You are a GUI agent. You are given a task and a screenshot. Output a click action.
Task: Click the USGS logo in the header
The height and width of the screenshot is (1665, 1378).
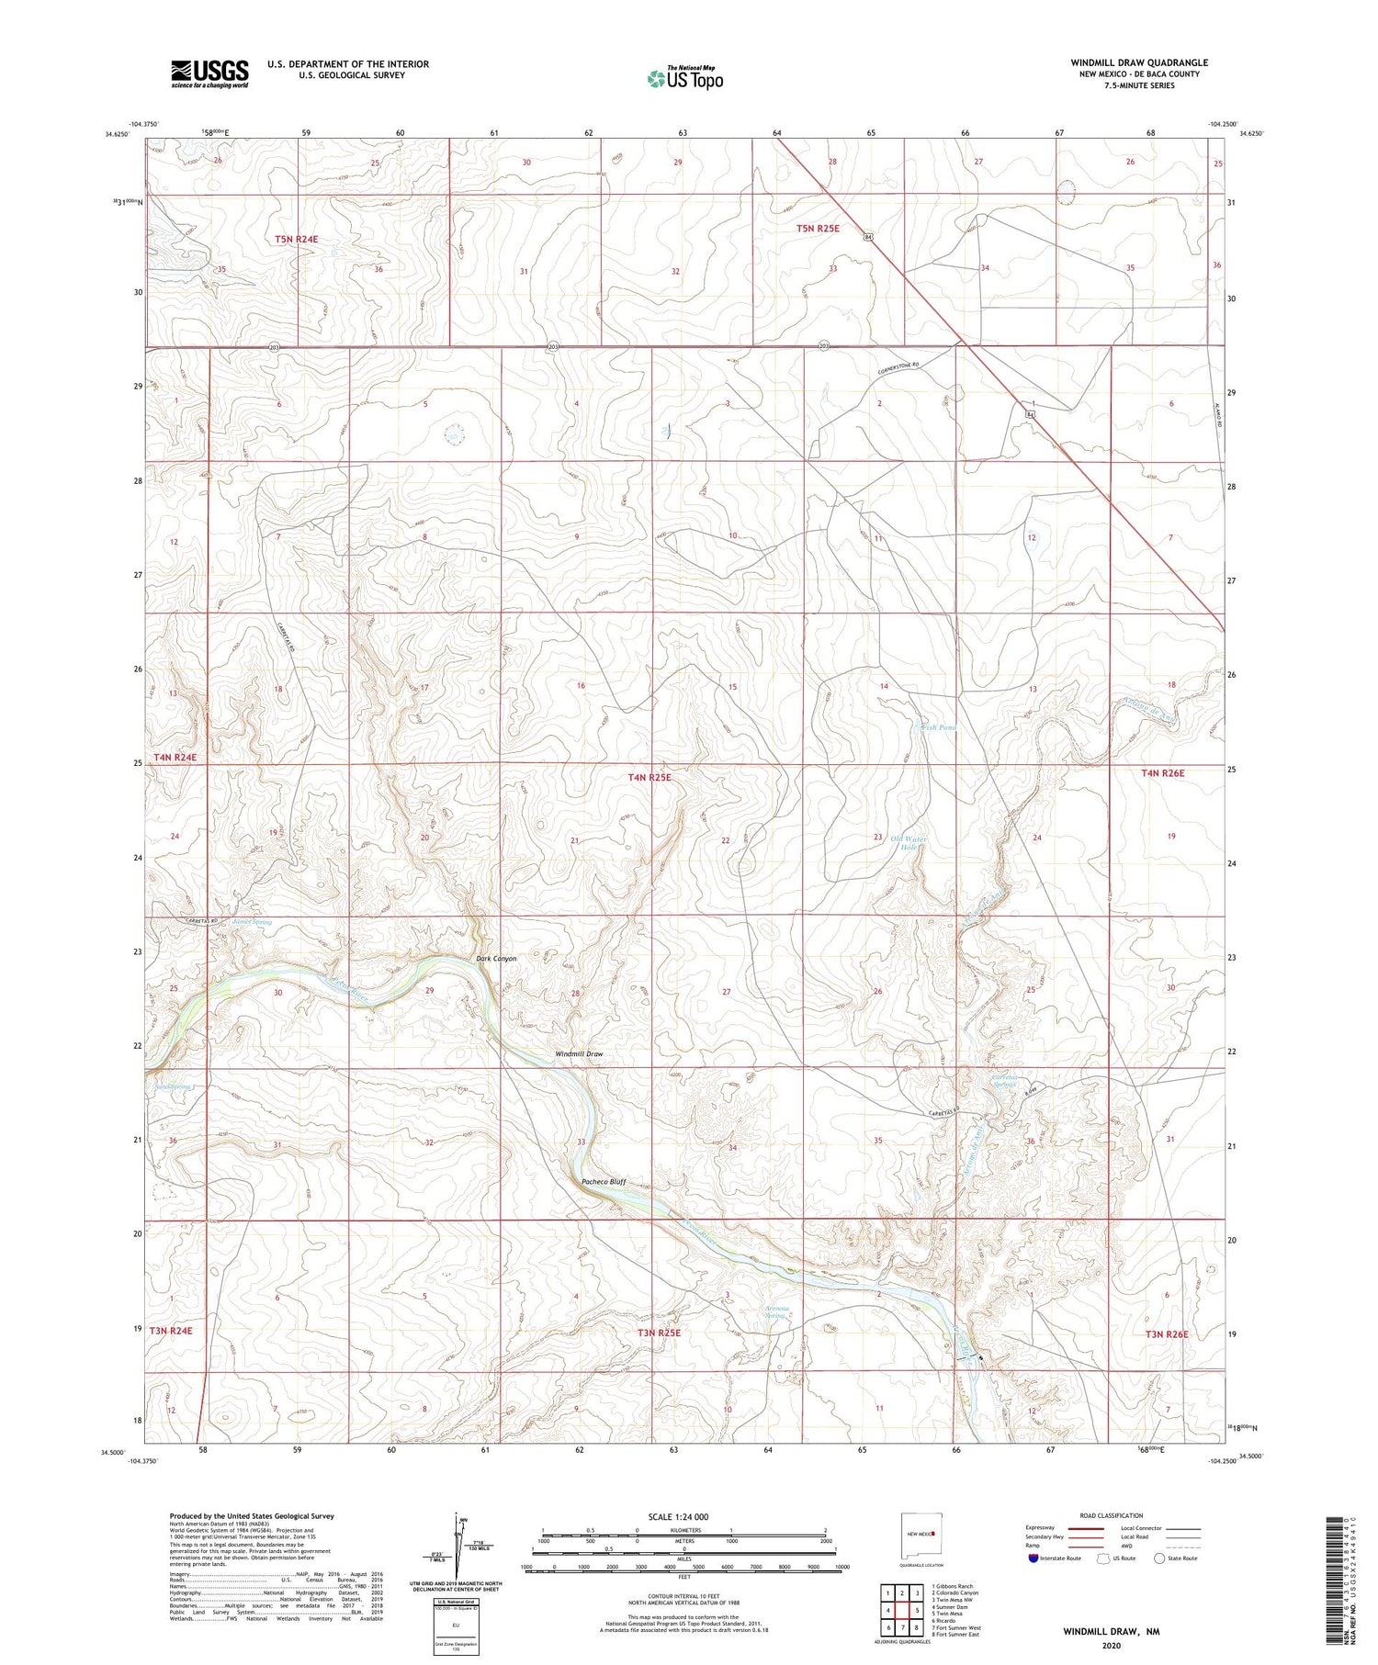coord(209,73)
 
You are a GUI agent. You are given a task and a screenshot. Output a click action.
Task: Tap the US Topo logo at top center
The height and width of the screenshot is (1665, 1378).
coord(684,79)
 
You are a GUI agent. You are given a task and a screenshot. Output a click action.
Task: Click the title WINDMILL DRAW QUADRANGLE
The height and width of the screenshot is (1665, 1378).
coord(1139,62)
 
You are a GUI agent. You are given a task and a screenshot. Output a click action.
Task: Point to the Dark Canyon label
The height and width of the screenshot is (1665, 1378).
coord(496,959)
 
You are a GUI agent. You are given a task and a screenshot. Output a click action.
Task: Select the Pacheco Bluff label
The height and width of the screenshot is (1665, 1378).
coord(604,1182)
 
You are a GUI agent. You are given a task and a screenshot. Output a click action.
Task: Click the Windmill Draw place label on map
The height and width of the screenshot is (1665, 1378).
coord(579,1054)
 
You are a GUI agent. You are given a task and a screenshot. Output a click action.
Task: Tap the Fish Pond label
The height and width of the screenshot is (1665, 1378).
coord(938,727)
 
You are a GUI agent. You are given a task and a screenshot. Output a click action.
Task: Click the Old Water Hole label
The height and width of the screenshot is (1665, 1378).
coord(909,843)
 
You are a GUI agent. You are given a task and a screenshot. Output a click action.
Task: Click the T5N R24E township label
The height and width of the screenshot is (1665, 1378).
coord(296,240)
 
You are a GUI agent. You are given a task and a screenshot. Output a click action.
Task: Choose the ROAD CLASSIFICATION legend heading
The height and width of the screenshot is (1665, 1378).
coord(1112,1516)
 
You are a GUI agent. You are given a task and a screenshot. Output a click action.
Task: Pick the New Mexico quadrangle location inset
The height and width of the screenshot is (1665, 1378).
coord(921,1534)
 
